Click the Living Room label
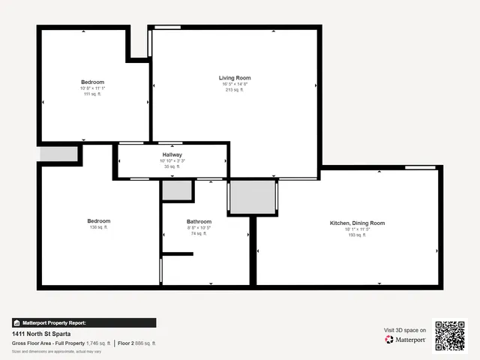pos(235,77)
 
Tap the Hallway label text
pos(172,154)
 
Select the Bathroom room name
pos(199,221)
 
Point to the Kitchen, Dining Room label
pos(357,223)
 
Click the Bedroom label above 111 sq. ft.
pos(92,82)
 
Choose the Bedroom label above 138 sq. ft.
pos(98,220)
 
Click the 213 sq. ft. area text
pos(235,90)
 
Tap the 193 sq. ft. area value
pos(357,235)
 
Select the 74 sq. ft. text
pos(199,234)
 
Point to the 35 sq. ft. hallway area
pos(172,166)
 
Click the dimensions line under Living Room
pos(235,84)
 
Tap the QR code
pos(450,335)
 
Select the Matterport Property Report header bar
pos(84,322)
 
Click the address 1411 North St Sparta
pos(42,333)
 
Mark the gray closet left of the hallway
pos(59,154)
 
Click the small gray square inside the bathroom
pos(177,190)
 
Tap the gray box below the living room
pos(253,196)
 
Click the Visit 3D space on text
pos(405,330)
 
